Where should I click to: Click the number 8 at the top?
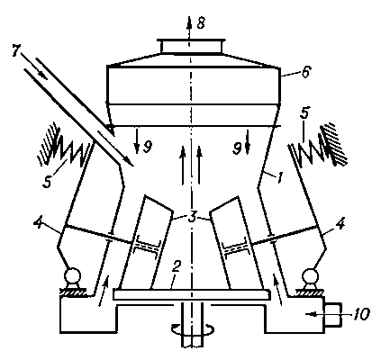pyautogui.click(x=201, y=23)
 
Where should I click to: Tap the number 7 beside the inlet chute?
pyautogui.click(x=17, y=51)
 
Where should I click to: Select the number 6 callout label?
pyautogui.click(x=305, y=72)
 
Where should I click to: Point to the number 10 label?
pyautogui.click(x=360, y=314)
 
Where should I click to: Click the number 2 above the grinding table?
pyautogui.click(x=176, y=267)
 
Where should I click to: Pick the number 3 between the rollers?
pyautogui.click(x=192, y=218)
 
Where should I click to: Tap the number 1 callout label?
pyautogui.click(x=279, y=177)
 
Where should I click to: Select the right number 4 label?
pyautogui.click(x=340, y=224)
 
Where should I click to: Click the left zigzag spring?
pyautogui.click(x=71, y=151)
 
